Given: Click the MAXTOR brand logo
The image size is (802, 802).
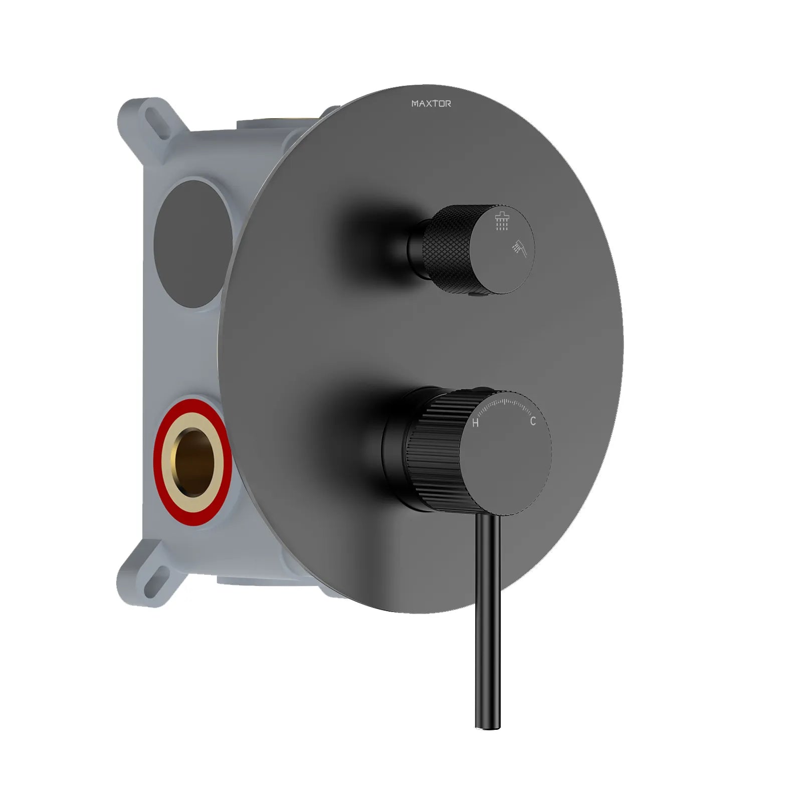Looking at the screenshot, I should pos(431,104).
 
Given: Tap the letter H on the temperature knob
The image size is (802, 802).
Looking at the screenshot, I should pos(475,423).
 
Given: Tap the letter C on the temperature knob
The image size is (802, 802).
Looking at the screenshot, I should pos(533,421).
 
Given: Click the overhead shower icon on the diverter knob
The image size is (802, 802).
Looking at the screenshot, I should pos(502,221).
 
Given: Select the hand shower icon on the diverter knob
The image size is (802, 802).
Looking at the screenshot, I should pos(520,248).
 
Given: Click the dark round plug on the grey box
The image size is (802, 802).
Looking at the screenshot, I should pos(192,244).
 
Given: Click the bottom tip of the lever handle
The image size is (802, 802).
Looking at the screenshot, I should pos(487,726).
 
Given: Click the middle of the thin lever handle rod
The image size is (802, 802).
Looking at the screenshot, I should pos(487,622).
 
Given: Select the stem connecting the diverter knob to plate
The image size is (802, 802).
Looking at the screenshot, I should pos(416,248).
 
